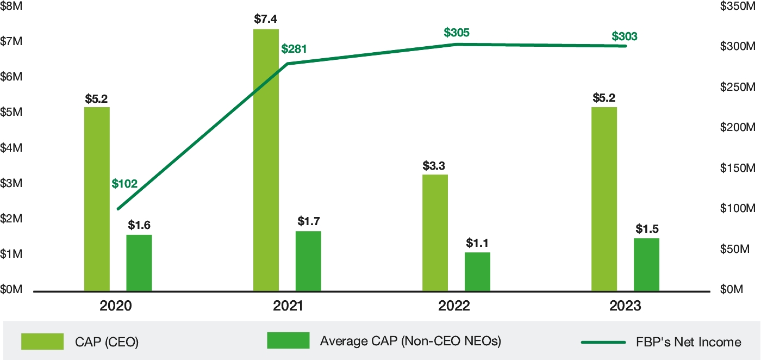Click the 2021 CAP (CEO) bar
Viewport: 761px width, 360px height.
coord(266,160)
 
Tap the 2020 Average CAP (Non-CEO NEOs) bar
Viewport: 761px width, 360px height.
coord(139,263)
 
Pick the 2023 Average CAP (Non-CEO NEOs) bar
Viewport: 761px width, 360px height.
coord(646,265)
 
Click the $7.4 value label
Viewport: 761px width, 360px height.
coord(266,19)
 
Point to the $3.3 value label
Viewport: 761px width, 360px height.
coord(435,165)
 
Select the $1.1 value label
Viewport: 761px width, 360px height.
coord(477,243)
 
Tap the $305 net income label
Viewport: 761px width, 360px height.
coord(457,33)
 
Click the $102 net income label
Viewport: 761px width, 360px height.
coord(124,184)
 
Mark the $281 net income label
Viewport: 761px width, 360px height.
coord(294,49)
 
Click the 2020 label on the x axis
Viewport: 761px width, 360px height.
coord(116,306)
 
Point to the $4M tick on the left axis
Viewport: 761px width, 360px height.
coord(11,148)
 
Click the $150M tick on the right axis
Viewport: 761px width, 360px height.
coord(738,168)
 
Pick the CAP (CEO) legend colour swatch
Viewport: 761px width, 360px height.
coord(42,342)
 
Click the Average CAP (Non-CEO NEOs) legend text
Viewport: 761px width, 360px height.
coord(410,342)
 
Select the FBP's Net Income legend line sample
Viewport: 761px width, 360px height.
coord(603,342)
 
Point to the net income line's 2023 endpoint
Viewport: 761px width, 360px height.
coord(626,46)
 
